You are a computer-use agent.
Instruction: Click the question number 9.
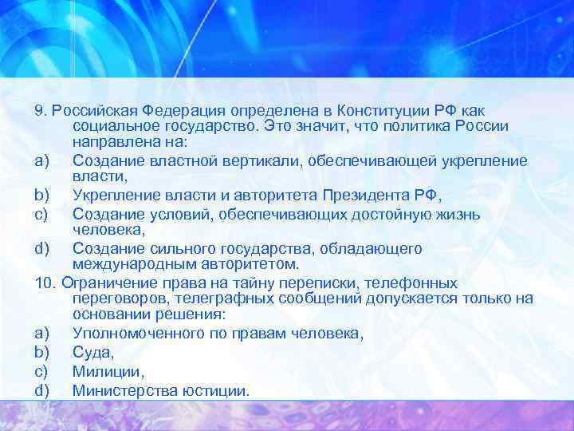point(39,109)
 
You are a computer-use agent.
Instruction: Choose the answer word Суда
point(92,351)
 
